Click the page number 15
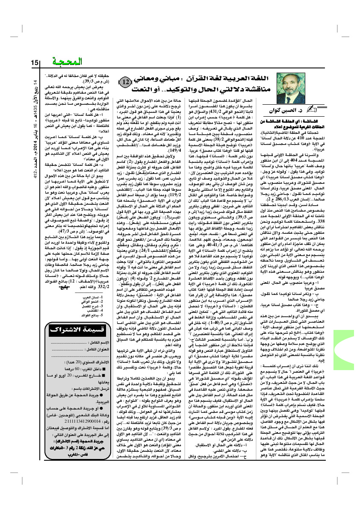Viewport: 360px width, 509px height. coord(35,62)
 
